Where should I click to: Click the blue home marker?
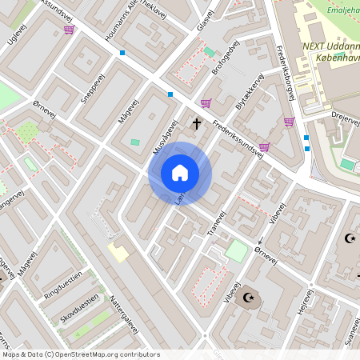coord(179,173)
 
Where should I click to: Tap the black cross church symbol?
coord(197,123)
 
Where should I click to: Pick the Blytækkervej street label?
coord(250,95)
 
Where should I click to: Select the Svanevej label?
coord(349,329)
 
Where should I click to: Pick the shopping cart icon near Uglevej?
coord(69,30)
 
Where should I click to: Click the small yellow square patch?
coord(118,253)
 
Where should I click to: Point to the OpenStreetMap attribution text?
coord(80,354)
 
